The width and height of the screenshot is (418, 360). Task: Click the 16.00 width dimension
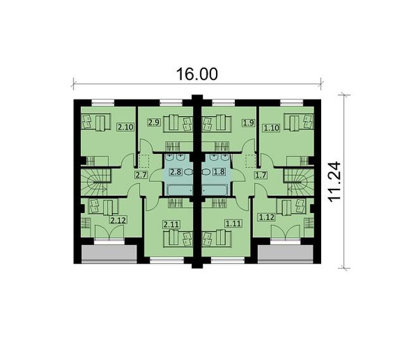coord(197,74)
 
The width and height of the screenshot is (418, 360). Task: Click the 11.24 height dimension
coord(334,182)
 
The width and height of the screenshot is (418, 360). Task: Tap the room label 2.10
coord(125,127)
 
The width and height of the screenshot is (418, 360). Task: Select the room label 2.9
coord(154,122)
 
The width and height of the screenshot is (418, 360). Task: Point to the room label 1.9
coord(248,123)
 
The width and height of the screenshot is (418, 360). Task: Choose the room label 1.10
coord(271,128)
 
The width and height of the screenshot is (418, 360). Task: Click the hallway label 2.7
coord(141,176)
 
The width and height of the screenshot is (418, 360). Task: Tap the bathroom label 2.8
coord(176,172)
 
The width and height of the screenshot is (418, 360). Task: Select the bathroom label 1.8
coord(219,172)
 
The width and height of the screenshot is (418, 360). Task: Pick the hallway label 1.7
coord(260,176)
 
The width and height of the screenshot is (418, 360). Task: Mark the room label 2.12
coord(118,220)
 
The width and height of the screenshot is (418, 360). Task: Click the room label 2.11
coord(171,224)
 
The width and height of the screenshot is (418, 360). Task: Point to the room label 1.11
coord(234,223)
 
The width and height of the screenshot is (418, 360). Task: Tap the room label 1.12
coord(267,217)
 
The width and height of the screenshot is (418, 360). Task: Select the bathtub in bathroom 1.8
coord(215,191)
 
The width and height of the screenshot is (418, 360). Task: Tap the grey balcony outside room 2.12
coord(109,254)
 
